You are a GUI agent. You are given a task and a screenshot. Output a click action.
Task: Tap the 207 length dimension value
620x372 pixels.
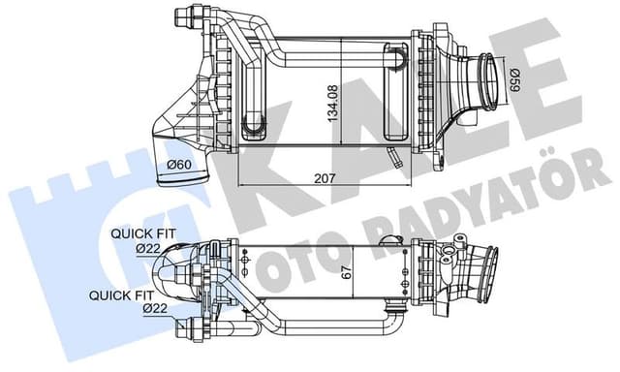325,177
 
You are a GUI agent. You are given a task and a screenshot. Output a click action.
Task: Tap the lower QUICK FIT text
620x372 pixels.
118,294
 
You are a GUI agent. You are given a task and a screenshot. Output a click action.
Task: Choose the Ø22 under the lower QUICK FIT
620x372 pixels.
155,308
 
